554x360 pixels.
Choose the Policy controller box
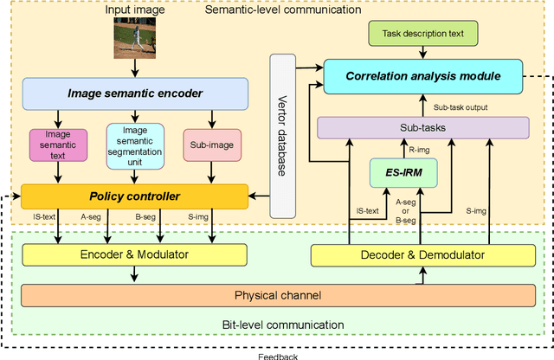pyautogui.click(x=134, y=196)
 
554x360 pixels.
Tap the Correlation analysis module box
pyautogui.click(x=423, y=76)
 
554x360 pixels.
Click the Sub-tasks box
pyautogui.click(x=423, y=128)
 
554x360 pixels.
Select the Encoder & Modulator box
pyautogui.click(x=134, y=254)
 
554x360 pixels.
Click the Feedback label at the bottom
pyautogui.click(x=278, y=355)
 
